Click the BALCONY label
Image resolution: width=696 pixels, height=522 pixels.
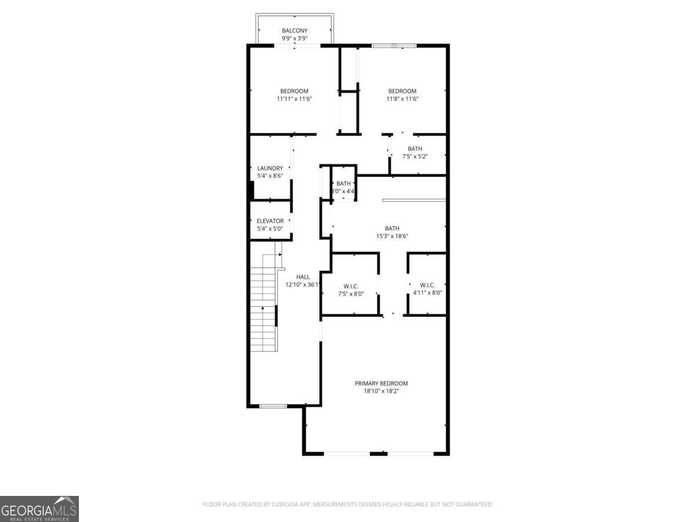tap(294, 31)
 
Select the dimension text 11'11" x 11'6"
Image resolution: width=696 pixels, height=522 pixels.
tap(294, 99)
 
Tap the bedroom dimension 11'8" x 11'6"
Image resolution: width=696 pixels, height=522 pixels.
tap(402, 99)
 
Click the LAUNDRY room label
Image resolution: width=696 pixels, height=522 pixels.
tap(270, 168)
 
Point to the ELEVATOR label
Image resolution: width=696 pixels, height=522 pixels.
tap(270, 221)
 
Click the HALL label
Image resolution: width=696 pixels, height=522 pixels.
tap(303, 277)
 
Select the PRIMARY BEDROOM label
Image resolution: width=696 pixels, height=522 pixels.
tap(381, 383)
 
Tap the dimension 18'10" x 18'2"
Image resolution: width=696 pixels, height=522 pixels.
tap(381, 391)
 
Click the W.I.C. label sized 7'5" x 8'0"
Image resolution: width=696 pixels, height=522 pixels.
tap(350, 286)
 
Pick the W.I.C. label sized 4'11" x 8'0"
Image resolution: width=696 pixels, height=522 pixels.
tap(427, 285)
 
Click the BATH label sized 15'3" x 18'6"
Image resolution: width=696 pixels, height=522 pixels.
tap(392, 229)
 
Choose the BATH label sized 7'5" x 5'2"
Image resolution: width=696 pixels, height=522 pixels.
tap(415, 149)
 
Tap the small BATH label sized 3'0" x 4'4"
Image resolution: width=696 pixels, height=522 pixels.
tap(343, 184)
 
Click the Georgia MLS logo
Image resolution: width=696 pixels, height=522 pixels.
tap(39, 509)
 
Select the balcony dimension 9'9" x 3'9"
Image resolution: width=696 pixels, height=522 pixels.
tap(294, 39)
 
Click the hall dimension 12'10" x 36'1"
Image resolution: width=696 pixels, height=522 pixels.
tap(303, 285)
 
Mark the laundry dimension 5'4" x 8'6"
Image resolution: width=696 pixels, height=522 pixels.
tap(270, 176)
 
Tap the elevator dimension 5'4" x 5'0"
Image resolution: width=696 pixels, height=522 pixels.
tap(270, 229)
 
